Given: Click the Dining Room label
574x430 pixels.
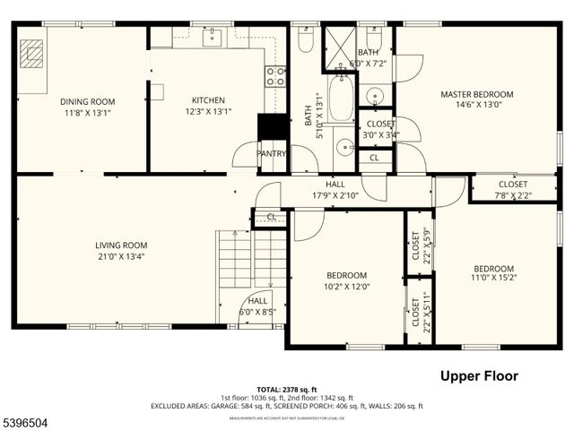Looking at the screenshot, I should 82,101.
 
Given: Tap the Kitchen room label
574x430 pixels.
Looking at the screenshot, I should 208,100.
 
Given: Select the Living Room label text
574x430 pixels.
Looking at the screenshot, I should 121,245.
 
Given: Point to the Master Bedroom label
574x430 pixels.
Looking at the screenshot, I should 476,94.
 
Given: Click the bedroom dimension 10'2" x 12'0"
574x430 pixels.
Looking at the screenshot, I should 346,287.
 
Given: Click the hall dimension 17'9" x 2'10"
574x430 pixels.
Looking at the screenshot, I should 335,195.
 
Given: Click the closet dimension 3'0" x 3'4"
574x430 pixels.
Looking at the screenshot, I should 379,135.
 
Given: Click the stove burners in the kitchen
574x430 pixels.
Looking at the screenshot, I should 275,76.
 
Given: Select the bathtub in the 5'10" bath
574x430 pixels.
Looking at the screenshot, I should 341,99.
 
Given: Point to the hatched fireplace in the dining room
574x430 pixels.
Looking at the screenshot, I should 33,54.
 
